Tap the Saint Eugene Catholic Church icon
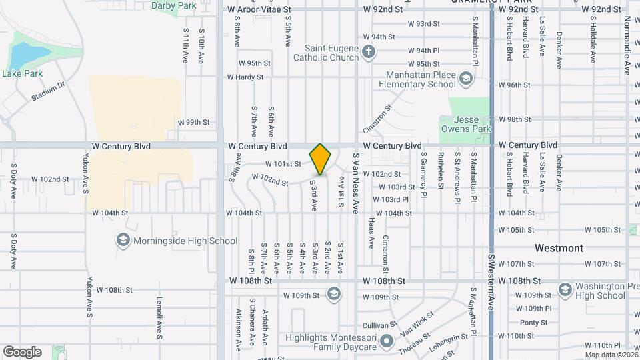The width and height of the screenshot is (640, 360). [x=369, y=52]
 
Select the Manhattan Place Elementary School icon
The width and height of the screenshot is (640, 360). [x=465, y=81]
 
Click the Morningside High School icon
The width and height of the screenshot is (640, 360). [x=123, y=241]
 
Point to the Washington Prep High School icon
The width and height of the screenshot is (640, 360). [x=565, y=290]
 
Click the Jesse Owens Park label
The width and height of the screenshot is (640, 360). [x=465, y=125]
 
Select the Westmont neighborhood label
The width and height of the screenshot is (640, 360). [x=559, y=248]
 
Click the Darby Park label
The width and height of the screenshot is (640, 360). [x=174, y=5]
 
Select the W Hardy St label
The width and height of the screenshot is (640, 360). [x=245, y=77]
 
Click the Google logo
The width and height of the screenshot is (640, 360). [x=22, y=351]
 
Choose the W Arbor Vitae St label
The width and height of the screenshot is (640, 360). [x=259, y=10]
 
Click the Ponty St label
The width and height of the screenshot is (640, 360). [x=533, y=323]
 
